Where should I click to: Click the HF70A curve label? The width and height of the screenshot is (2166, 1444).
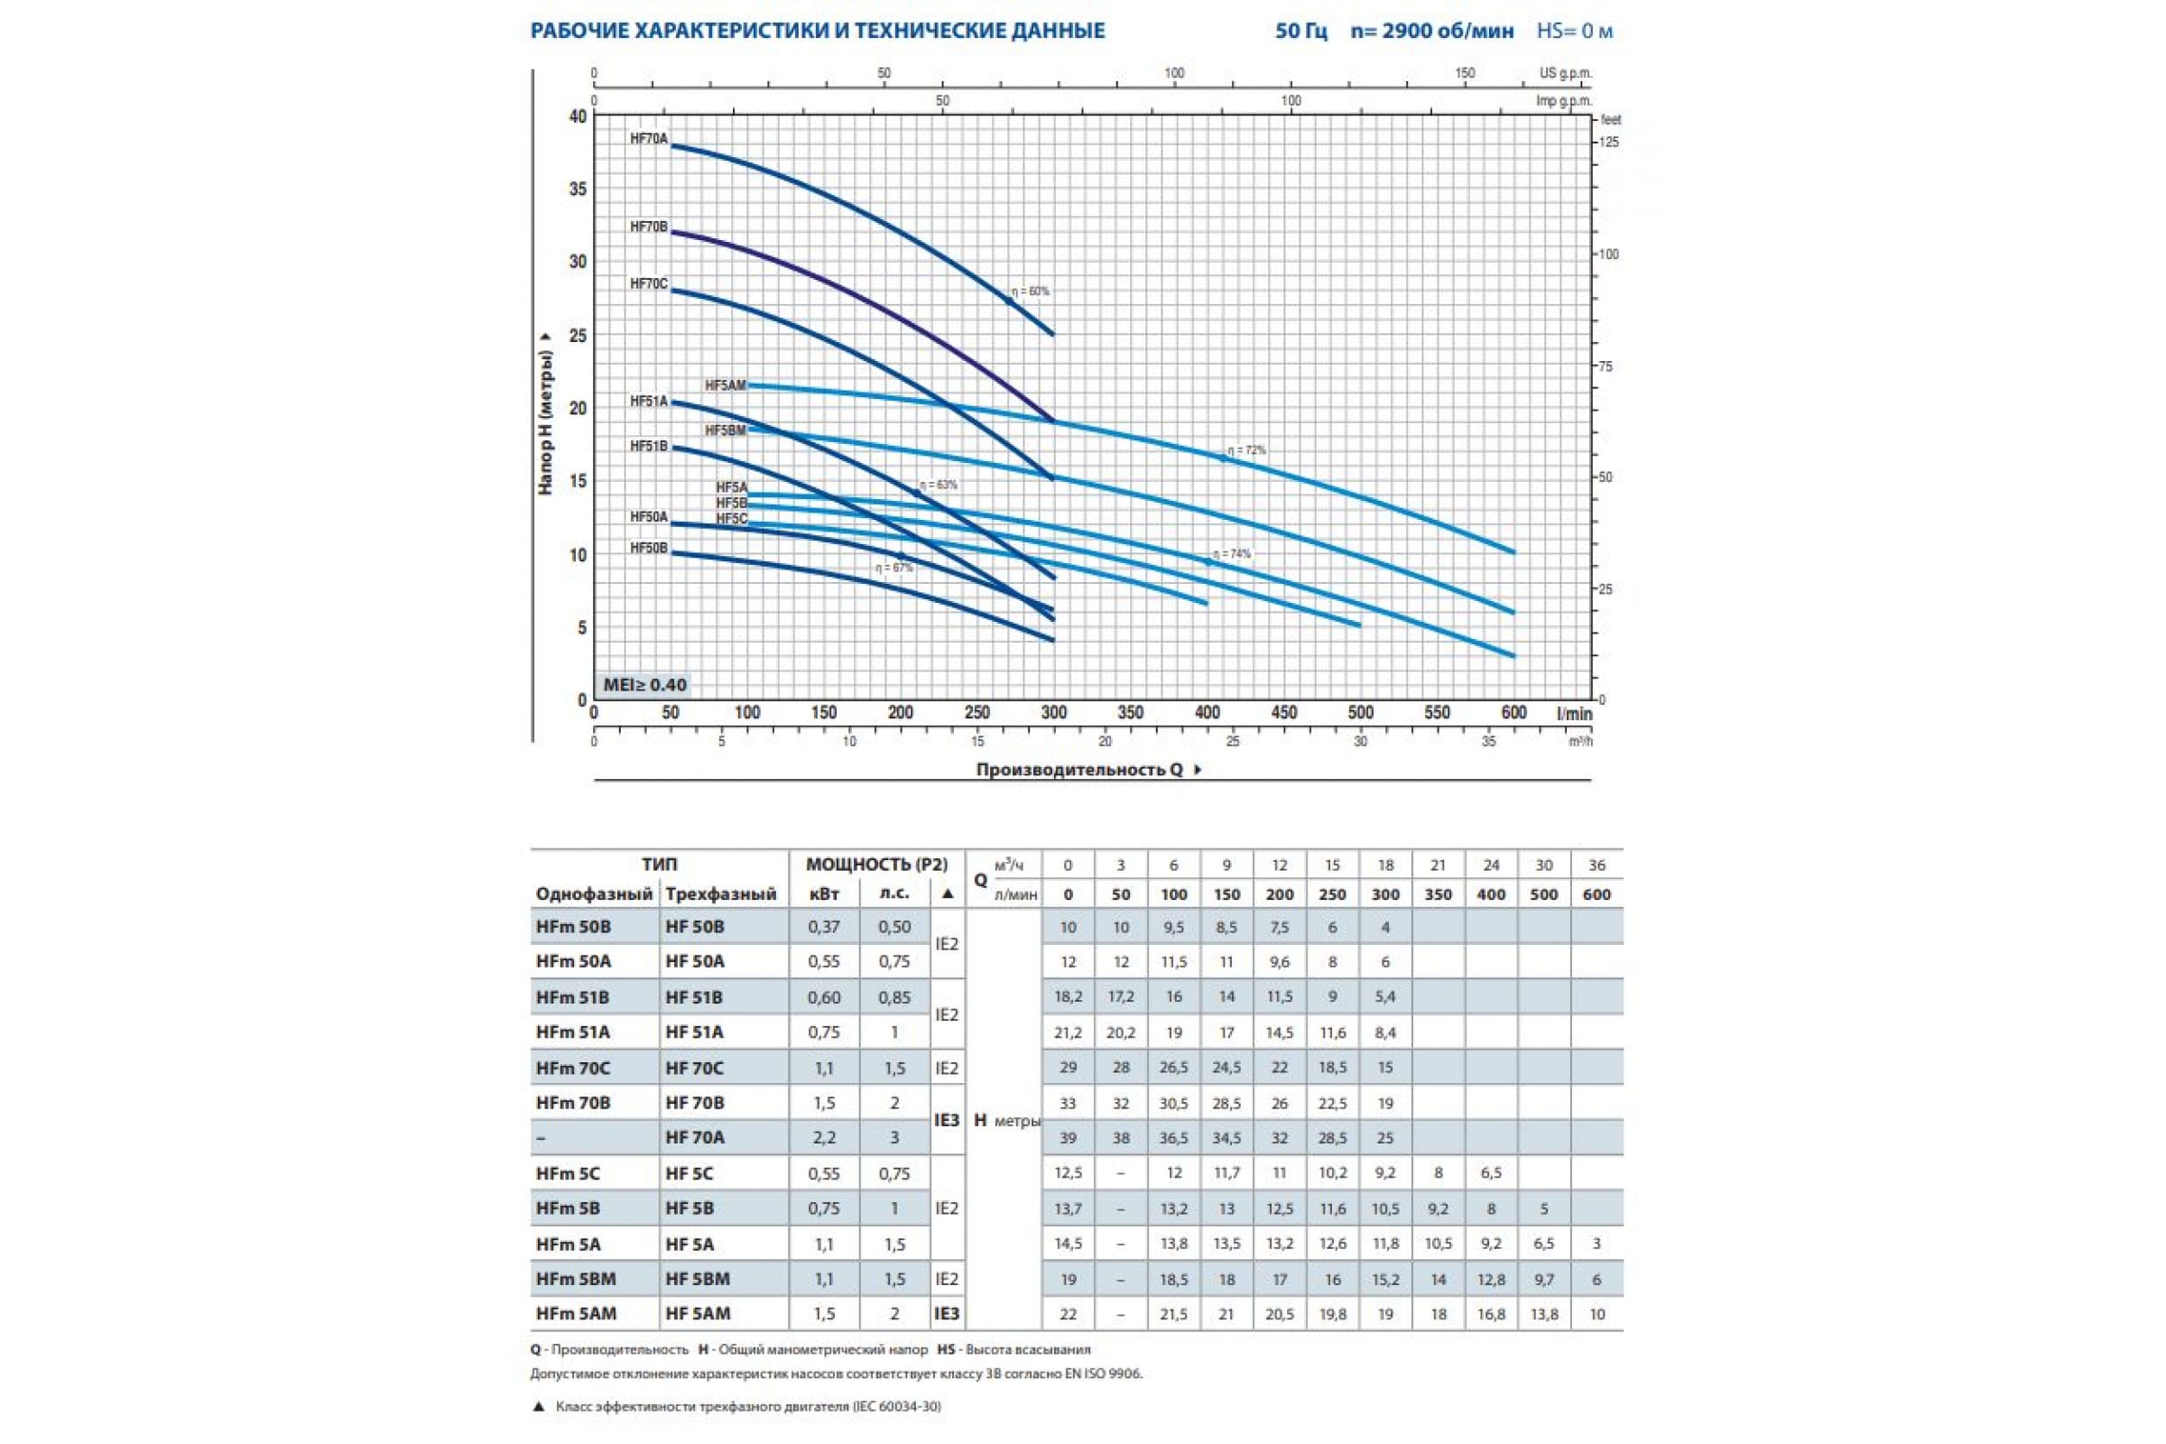pos(648,140)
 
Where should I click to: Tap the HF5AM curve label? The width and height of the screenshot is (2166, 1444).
pos(725,385)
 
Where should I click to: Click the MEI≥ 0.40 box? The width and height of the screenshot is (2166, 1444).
pos(644,684)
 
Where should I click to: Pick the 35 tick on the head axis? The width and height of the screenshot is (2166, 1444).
pos(578,189)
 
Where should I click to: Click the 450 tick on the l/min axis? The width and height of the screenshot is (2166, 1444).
pos(1283,712)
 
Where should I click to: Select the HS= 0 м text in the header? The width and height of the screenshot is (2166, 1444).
pos(1574,32)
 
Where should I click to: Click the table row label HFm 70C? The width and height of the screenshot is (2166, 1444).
pos(573,1069)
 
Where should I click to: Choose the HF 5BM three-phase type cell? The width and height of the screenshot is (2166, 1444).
pos(697,1278)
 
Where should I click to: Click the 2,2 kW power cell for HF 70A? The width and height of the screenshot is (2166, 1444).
pos(823,1137)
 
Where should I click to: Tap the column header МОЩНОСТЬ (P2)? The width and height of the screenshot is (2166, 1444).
pos(875,864)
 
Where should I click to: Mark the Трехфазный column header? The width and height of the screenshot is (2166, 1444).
pos(721,893)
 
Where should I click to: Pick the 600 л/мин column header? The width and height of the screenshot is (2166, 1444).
pos(1597,894)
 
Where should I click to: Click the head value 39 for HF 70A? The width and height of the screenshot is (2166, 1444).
pos(1068,1137)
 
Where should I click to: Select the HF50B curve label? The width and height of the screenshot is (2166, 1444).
pos(648,548)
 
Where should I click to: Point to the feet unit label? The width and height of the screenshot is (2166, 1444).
pos(1611,120)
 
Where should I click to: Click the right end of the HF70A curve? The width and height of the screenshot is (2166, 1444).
pos(1052,333)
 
